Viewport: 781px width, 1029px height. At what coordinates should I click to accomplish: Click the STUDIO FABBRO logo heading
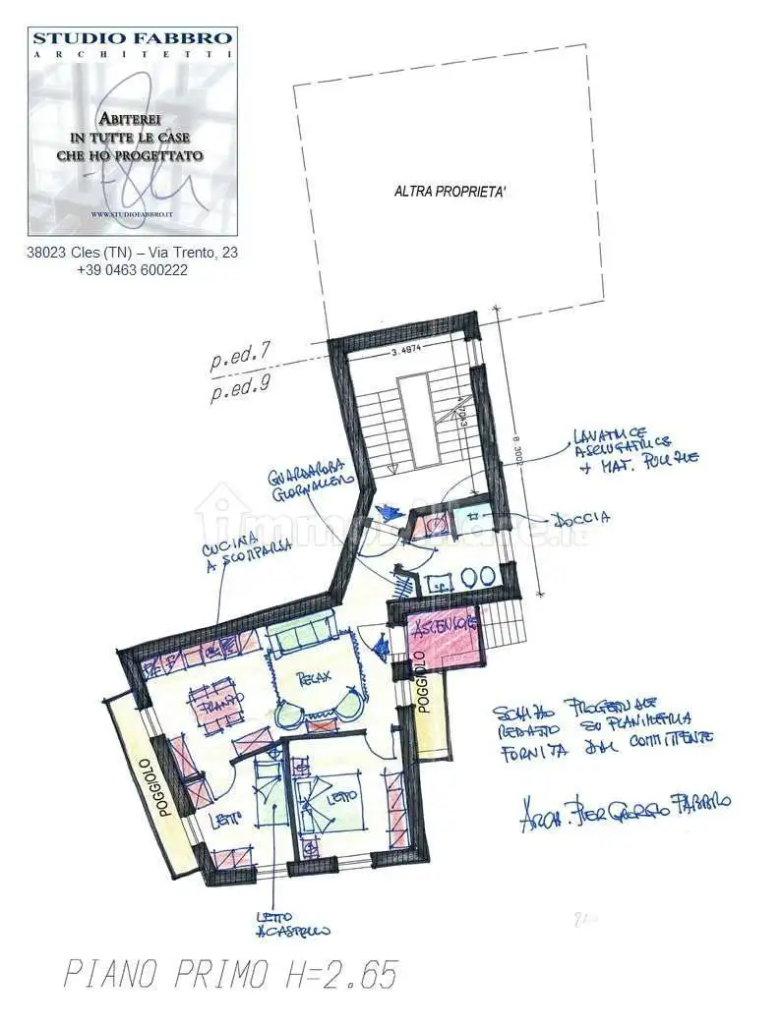click(x=133, y=39)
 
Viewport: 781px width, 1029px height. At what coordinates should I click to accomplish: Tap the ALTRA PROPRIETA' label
click(x=451, y=193)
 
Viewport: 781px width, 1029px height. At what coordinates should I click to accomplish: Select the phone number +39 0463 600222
click(x=132, y=270)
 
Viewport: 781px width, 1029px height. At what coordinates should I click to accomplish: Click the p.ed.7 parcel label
click(x=240, y=361)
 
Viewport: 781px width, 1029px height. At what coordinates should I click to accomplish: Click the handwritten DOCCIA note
click(x=581, y=517)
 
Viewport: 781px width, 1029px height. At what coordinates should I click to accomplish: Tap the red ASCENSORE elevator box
click(x=445, y=638)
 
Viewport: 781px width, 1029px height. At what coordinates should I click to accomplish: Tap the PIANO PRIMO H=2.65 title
click(x=231, y=975)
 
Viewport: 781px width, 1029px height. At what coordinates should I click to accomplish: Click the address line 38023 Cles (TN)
click(x=132, y=253)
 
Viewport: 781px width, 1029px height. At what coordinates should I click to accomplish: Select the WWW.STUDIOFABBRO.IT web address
click(x=132, y=214)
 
